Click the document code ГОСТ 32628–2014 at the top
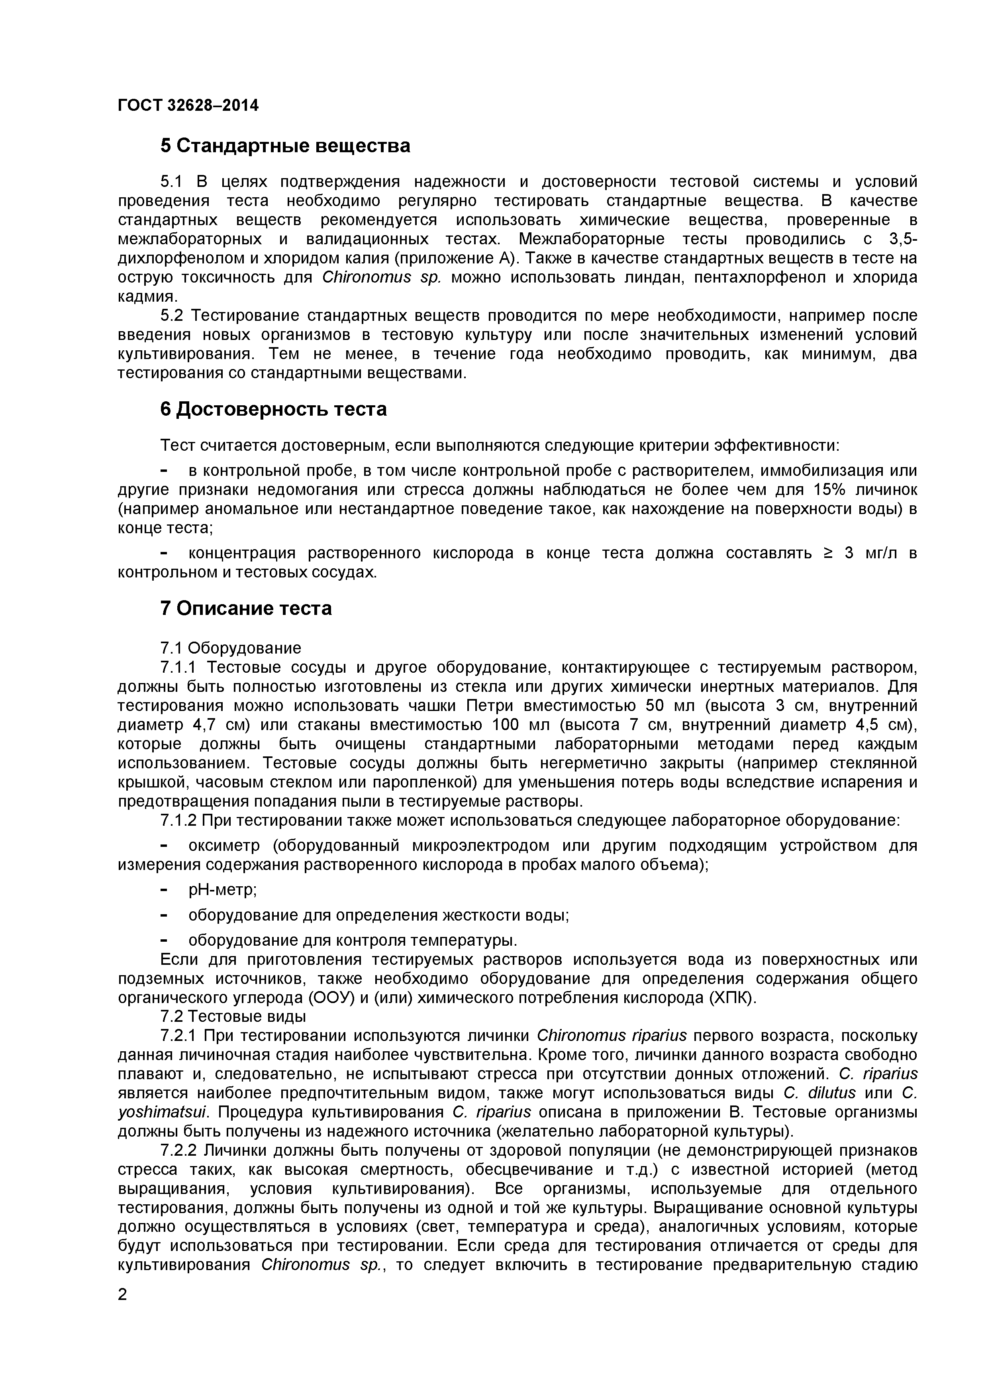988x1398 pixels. click(188, 105)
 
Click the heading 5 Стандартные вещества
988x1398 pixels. click(285, 146)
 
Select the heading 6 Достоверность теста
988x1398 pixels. click(273, 409)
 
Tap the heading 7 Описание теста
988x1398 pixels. click(246, 608)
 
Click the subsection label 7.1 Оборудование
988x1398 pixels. click(231, 648)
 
